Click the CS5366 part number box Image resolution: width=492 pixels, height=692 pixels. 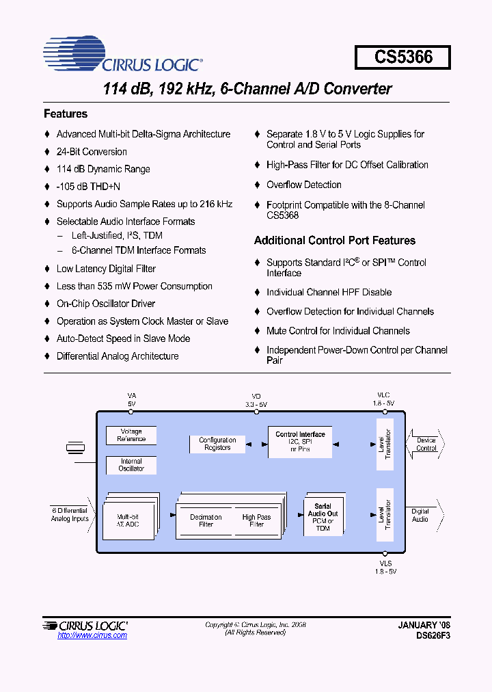click(x=402, y=57)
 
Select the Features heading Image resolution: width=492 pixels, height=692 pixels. click(x=66, y=114)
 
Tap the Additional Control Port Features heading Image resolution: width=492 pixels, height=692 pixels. click(x=335, y=241)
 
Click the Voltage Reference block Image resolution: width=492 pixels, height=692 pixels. click(x=131, y=435)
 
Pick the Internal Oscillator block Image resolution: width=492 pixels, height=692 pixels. click(x=131, y=465)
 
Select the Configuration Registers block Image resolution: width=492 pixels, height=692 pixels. click(x=217, y=444)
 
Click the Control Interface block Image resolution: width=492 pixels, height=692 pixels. click(x=300, y=442)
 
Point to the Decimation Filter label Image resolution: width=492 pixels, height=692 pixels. click(x=206, y=521)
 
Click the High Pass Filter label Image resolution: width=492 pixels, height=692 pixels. click(x=256, y=521)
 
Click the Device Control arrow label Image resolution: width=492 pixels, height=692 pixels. click(x=426, y=444)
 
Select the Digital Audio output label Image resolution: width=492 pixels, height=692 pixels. click(x=420, y=515)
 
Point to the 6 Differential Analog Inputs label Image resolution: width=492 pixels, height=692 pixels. click(x=70, y=515)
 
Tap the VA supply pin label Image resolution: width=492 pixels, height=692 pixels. click(x=132, y=400)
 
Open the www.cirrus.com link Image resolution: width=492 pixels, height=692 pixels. click(x=92, y=636)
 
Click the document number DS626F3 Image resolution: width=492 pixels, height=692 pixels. click(x=433, y=635)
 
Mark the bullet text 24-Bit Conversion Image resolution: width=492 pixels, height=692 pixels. click(x=92, y=152)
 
